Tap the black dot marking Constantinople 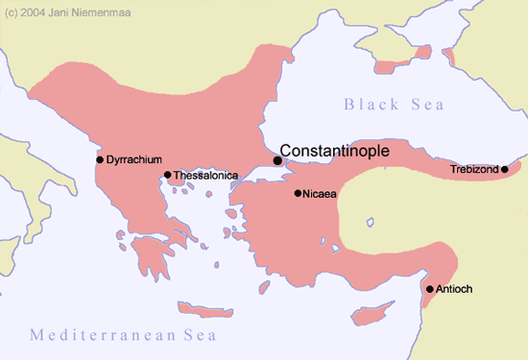(277, 160)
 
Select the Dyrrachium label (133, 158)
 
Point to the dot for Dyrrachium (100, 159)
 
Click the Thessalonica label (205, 176)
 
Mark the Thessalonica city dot (168, 175)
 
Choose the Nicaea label (319, 194)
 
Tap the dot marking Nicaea (298, 194)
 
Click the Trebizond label (474, 170)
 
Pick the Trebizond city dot (505, 170)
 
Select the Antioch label (455, 289)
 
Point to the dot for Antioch (429, 289)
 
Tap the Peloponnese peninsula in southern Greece (151, 254)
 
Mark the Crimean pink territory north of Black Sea (390, 67)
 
